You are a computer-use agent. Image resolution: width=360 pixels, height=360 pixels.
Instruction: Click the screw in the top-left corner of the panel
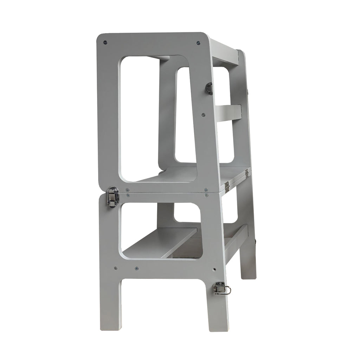click(105, 43)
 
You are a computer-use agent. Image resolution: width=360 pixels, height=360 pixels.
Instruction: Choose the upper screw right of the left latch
click(128, 190)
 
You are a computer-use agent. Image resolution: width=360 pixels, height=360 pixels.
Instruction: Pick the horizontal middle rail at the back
click(227, 112)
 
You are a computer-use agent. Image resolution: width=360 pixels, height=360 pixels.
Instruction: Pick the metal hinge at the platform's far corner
click(246, 172)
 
